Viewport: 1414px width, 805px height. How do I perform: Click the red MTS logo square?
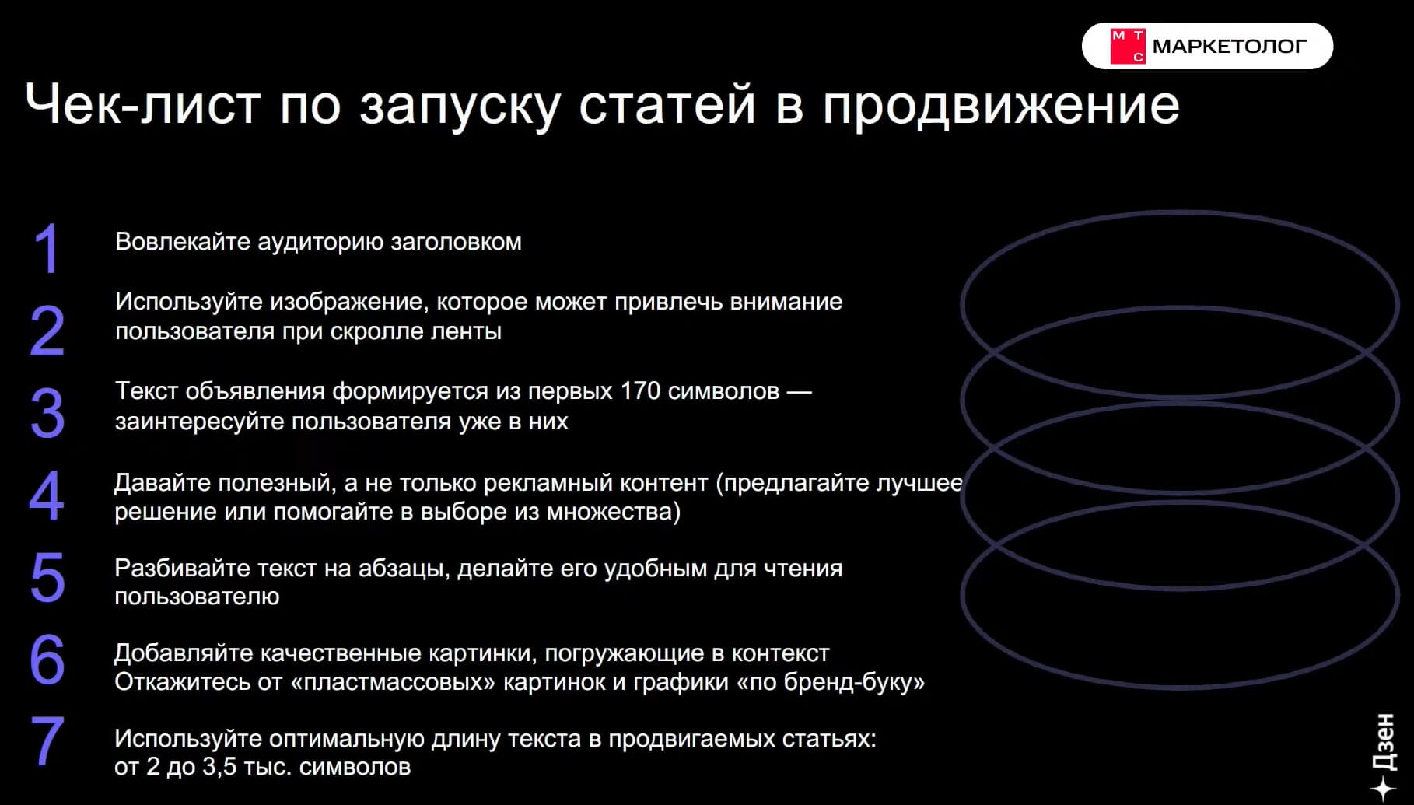click(1127, 46)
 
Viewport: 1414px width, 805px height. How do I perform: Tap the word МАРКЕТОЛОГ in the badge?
click(1229, 47)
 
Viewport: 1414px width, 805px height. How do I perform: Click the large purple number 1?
click(47, 249)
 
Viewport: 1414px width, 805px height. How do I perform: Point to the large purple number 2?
click(47, 331)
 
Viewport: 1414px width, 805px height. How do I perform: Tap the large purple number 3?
click(47, 413)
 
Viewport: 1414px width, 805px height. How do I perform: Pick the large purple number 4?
click(47, 495)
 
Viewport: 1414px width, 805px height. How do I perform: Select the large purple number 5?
click(47, 578)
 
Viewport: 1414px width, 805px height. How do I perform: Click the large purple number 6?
click(47, 660)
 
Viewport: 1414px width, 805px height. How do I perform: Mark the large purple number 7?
click(47, 742)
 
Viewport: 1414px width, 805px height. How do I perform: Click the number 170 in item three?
click(640, 391)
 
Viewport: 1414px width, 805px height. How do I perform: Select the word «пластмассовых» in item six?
click(393, 682)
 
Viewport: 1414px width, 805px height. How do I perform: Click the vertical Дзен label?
click(1384, 743)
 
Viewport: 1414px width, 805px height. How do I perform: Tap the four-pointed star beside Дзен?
click(1383, 789)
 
